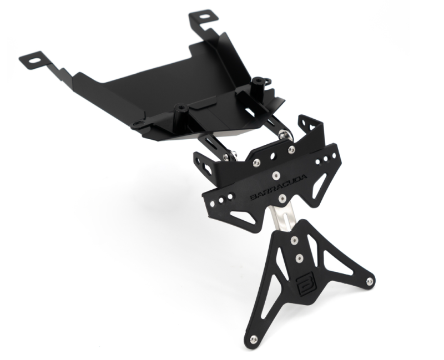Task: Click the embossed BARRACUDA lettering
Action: pos(279,187)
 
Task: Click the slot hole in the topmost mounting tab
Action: pos(203,17)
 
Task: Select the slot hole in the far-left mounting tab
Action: pos(35,60)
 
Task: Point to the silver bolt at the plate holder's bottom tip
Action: pos(254,338)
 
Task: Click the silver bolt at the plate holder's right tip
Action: pos(369,281)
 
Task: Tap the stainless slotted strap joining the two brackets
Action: pos(281,216)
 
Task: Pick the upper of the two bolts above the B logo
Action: pos(295,241)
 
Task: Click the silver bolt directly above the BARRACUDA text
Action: pos(276,176)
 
